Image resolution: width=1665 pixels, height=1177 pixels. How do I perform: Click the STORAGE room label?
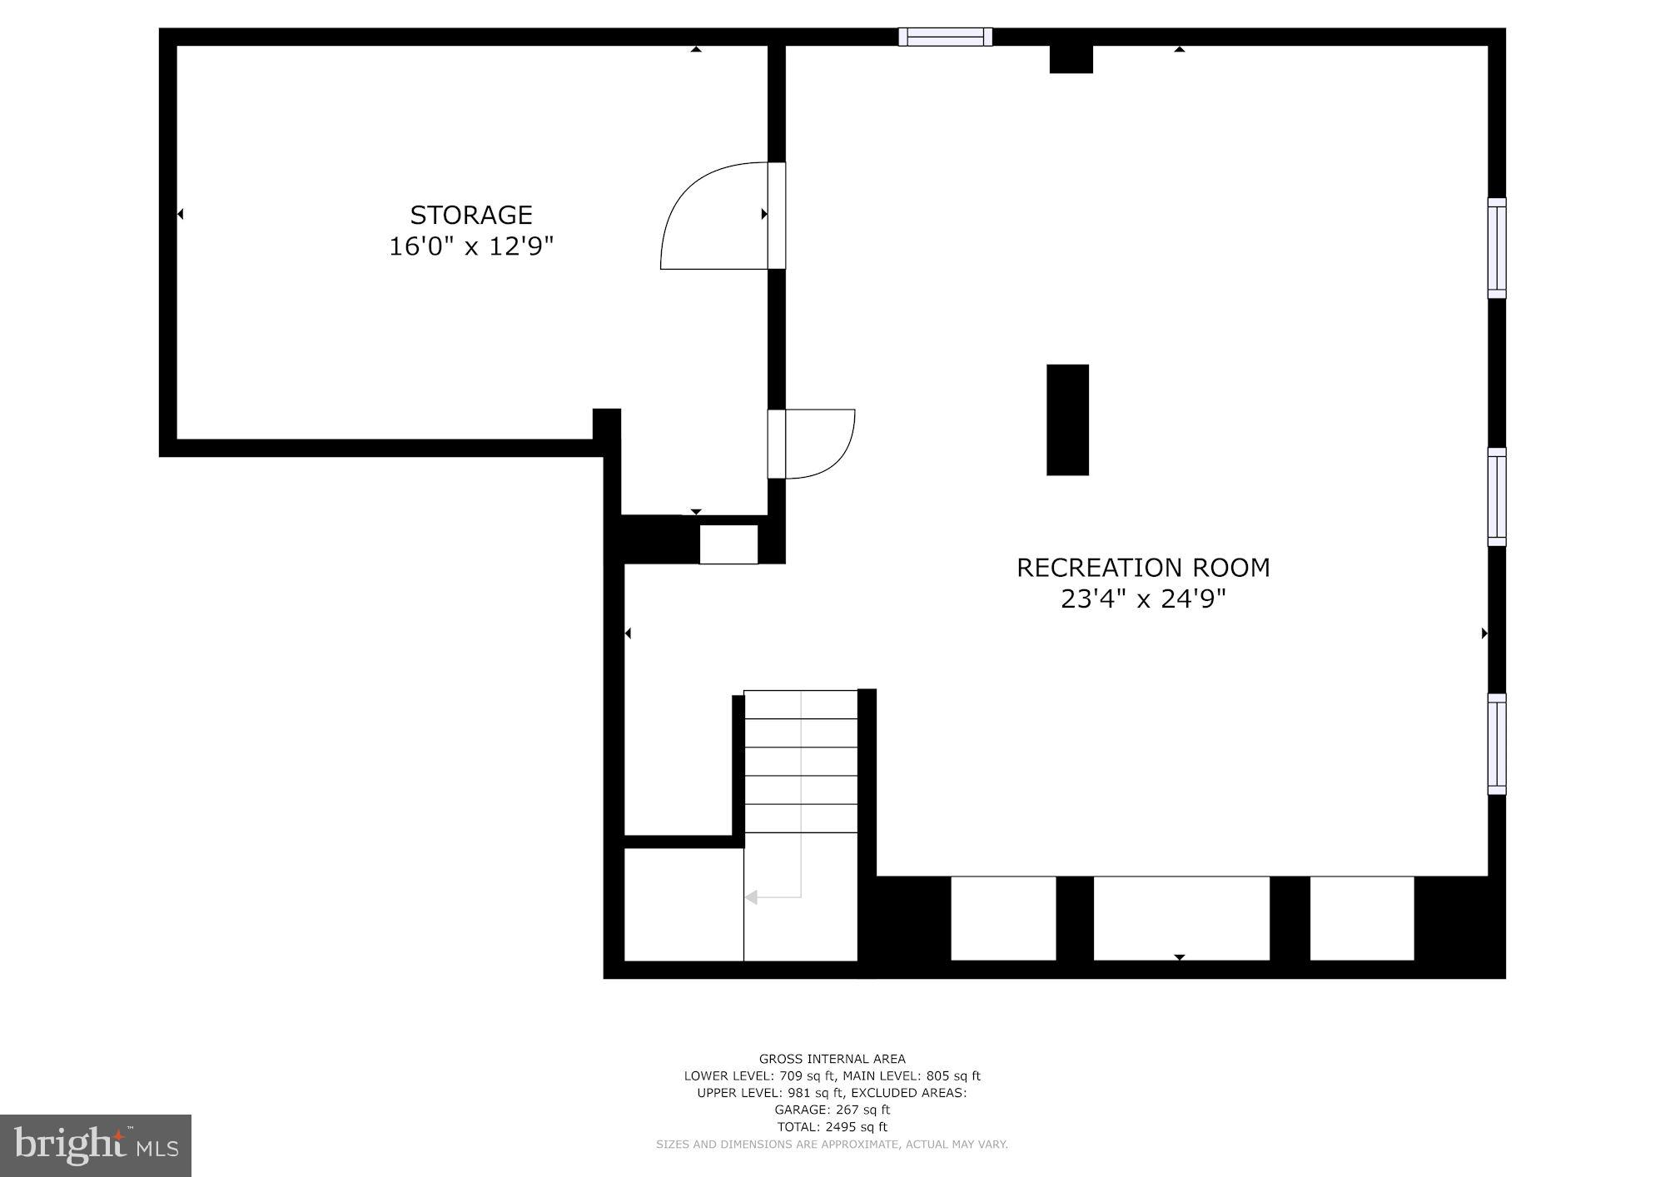point(470,215)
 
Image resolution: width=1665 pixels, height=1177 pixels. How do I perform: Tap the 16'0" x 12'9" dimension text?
point(470,246)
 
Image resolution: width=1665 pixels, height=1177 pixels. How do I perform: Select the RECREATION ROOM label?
point(1143,568)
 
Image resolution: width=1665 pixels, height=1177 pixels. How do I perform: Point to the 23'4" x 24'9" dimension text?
point(1143,598)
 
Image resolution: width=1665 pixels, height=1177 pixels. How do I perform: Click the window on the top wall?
point(945,37)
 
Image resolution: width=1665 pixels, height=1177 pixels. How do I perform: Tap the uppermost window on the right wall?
point(1496,248)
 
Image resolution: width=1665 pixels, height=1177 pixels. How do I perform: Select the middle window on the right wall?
point(1496,497)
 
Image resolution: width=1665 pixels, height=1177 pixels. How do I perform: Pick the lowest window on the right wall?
point(1496,744)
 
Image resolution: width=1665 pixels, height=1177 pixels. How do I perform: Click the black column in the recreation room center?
point(1067,420)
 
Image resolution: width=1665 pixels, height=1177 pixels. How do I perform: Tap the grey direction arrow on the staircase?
point(752,897)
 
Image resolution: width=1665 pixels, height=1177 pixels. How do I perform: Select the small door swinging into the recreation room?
point(820,444)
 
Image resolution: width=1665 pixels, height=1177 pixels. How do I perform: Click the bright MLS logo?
point(96,1145)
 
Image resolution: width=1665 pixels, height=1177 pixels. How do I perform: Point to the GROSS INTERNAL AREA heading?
point(832,1059)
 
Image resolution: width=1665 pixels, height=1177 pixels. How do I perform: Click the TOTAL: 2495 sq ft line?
point(832,1127)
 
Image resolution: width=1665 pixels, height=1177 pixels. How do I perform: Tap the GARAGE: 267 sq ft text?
point(832,1110)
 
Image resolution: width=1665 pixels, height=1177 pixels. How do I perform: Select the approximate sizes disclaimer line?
point(832,1145)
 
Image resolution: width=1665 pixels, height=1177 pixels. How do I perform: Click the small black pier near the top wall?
point(1071,59)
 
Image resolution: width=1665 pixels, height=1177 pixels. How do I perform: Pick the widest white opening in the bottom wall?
point(1180,918)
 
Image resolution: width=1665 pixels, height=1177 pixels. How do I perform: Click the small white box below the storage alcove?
point(728,544)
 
